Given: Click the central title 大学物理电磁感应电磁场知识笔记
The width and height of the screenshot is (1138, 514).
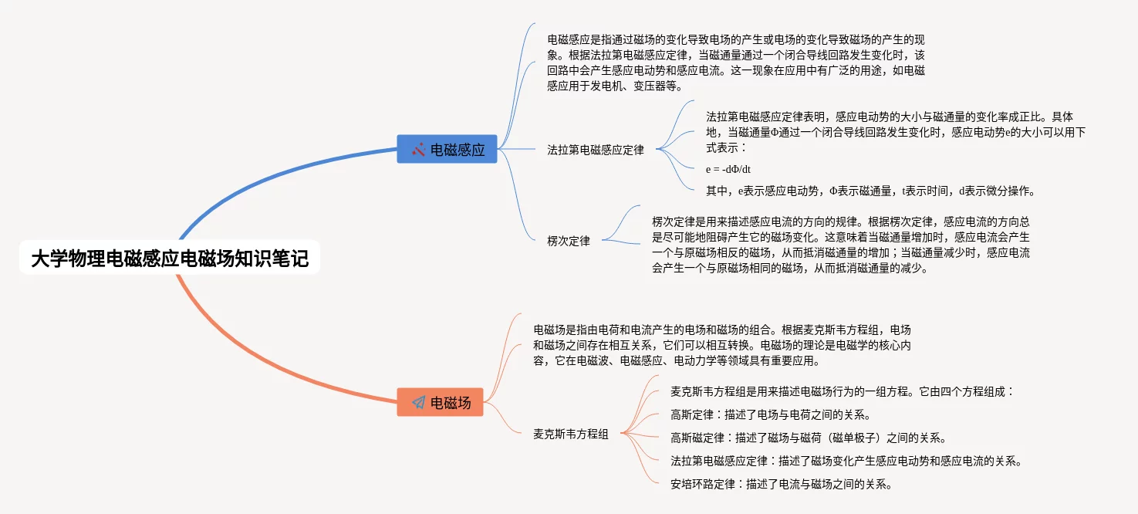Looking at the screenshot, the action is click(170, 259).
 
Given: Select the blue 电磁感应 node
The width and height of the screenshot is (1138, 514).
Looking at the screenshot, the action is click(447, 150).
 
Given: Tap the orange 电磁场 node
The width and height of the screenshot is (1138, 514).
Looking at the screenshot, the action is click(441, 402).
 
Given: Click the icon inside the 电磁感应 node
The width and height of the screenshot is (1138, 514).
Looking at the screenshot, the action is click(418, 150).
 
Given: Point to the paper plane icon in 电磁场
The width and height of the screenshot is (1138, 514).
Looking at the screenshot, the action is click(418, 402).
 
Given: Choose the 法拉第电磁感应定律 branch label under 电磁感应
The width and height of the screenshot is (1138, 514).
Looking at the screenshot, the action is click(595, 150).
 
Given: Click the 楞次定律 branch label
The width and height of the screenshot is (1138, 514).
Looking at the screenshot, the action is click(569, 241).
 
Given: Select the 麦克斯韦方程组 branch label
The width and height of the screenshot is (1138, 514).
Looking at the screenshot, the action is click(571, 435).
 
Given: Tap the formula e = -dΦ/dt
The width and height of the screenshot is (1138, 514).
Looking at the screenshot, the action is click(728, 169).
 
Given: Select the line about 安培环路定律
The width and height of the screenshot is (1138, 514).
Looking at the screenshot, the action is click(782, 485).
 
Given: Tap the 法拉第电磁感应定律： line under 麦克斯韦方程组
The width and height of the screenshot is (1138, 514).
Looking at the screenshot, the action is click(846, 462).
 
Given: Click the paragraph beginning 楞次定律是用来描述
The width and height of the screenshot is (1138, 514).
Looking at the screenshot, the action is click(841, 245).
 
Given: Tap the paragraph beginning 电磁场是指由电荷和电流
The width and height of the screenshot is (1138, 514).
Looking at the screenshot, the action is click(721, 344).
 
